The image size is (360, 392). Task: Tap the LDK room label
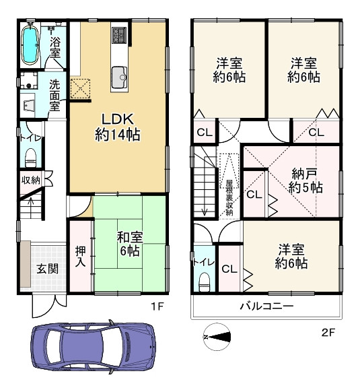pyautogui.click(x=117, y=125)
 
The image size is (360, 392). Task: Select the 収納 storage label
pyautogui.click(x=30, y=180)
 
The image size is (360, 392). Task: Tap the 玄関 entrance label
pyautogui.click(x=46, y=268)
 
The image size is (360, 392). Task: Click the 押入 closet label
pyautogui.click(x=79, y=256)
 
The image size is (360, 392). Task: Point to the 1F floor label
pyautogui.click(x=157, y=306)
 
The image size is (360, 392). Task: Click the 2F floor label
pyautogui.click(x=328, y=331)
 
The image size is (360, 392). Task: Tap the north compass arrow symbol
pyautogui.click(x=217, y=335)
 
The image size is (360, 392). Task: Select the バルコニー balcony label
pyautogui.click(x=266, y=306)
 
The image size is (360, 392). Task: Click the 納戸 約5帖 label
pyautogui.click(x=305, y=180)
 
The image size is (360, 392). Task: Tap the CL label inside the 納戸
pyautogui.click(x=253, y=195)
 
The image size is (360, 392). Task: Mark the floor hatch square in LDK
pyautogui.click(x=81, y=88)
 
